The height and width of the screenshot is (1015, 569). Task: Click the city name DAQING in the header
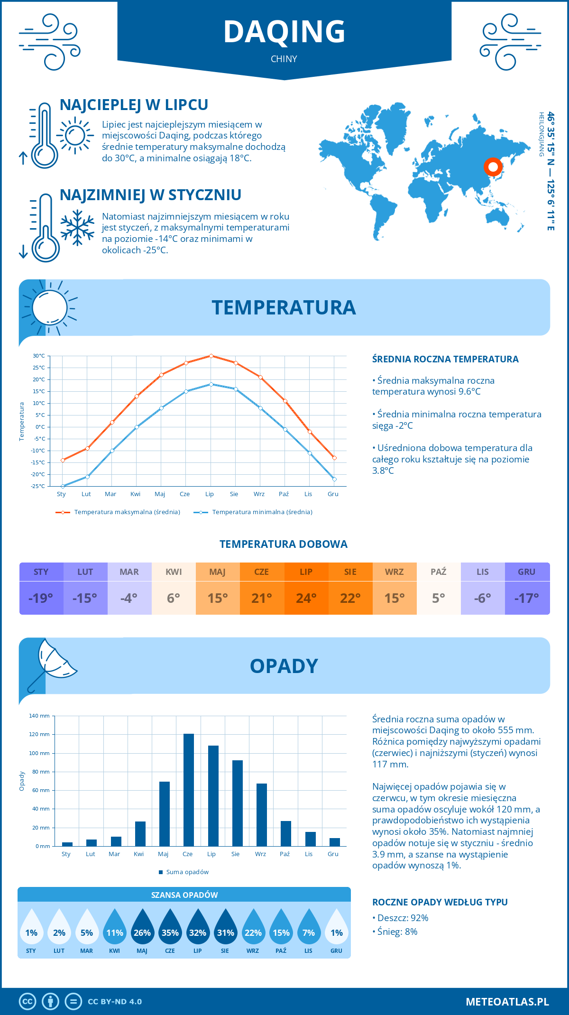pyautogui.click(x=284, y=32)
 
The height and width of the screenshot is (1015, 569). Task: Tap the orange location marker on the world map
pyautogui.click(x=493, y=166)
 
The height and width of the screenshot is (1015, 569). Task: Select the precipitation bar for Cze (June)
pyautogui.click(x=188, y=790)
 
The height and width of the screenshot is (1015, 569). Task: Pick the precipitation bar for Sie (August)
pyautogui.click(x=237, y=803)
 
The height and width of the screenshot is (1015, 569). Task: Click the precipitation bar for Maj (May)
pyautogui.click(x=164, y=813)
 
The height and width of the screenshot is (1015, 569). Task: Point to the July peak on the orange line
pyautogui.click(x=211, y=356)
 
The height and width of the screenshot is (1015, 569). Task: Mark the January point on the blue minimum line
pyautogui.click(x=63, y=486)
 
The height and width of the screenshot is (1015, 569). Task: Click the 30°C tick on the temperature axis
pyautogui.click(x=39, y=356)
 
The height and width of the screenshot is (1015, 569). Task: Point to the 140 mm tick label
pyautogui.click(x=39, y=716)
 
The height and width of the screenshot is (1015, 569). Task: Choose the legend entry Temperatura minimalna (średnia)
pyautogui.click(x=262, y=512)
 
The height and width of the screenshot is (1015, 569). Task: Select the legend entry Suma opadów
pyautogui.click(x=187, y=872)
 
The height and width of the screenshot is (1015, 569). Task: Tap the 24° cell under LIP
pyautogui.click(x=306, y=598)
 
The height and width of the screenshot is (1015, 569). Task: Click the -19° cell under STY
pyautogui.click(x=41, y=598)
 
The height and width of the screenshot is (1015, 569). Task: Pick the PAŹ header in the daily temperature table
pyautogui.click(x=438, y=572)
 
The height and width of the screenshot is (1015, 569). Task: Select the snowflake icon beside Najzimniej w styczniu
pyautogui.click(x=77, y=227)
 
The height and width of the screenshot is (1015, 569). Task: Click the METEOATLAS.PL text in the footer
pyautogui.click(x=507, y=1002)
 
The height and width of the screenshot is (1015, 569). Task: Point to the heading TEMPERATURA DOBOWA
pyautogui.click(x=284, y=544)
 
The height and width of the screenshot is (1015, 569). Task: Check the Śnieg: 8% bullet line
pyautogui.click(x=397, y=932)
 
